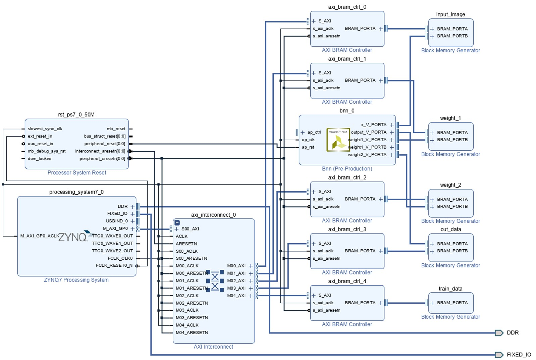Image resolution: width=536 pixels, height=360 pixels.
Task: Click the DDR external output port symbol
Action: click(x=499, y=333)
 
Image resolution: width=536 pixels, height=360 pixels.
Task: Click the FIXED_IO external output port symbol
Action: click(x=499, y=355)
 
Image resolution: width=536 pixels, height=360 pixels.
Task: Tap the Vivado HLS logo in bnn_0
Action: click(x=338, y=140)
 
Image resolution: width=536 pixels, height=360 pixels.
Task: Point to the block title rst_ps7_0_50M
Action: click(x=76, y=115)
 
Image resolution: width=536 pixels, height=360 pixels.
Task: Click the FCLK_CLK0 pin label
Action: click(x=120, y=258)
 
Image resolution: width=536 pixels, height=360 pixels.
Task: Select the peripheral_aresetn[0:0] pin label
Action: click(x=102, y=159)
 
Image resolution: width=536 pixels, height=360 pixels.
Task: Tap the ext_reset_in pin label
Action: click(x=40, y=136)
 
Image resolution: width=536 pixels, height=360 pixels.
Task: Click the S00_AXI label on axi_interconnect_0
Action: click(x=190, y=229)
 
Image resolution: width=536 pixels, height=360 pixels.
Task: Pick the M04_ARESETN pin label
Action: click(x=192, y=332)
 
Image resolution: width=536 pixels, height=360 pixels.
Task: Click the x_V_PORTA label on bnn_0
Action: click(x=374, y=125)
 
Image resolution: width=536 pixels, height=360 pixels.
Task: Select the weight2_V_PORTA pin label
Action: click(x=367, y=155)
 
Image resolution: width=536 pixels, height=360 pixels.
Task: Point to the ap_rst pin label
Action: click(x=308, y=147)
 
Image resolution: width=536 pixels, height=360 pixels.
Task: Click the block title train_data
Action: click(x=450, y=289)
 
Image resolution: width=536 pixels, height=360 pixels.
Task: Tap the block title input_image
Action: click(x=450, y=14)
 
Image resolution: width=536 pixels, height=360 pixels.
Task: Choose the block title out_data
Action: click(x=450, y=229)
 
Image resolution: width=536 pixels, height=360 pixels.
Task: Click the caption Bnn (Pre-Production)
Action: click(x=347, y=169)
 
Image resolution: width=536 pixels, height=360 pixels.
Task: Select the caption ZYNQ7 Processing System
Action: click(x=76, y=280)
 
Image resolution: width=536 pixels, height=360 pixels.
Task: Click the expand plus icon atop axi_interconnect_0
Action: click(x=177, y=223)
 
